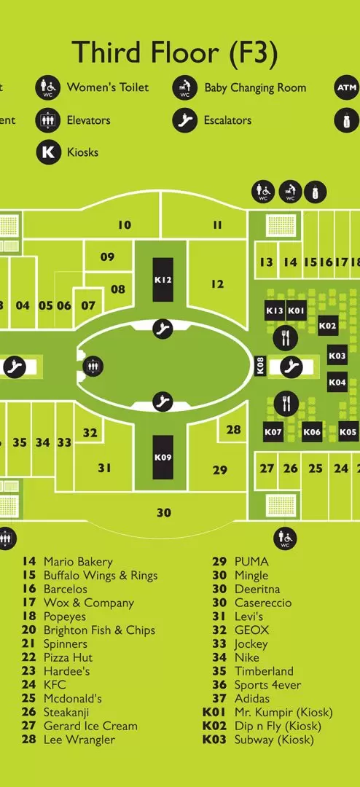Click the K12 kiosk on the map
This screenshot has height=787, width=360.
(163, 280)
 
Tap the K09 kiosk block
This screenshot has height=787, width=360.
(163, 457)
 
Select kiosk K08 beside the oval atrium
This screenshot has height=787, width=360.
(260, 365)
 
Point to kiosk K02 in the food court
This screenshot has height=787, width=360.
(328, 326)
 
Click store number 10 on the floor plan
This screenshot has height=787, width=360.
(125, 225)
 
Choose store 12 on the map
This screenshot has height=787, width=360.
(217, 284)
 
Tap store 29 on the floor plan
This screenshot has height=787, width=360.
(220, 470)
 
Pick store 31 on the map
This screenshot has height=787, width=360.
(104, 468)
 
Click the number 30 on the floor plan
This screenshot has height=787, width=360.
(164, 512)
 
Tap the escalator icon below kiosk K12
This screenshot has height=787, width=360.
(163, 329)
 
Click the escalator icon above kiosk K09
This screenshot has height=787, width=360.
(163, 402)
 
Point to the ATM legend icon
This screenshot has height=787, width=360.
(347, 88)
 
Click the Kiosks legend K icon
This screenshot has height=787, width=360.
(48, 152)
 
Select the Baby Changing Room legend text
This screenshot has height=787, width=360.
(255, 88)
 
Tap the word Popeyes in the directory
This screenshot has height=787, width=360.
(65, 617)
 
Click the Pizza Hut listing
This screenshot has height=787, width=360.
(69, 657)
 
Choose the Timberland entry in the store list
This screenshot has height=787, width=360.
(264, 671)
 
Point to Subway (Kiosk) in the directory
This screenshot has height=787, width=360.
(274, 740)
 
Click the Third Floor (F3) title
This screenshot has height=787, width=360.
(175, 52)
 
